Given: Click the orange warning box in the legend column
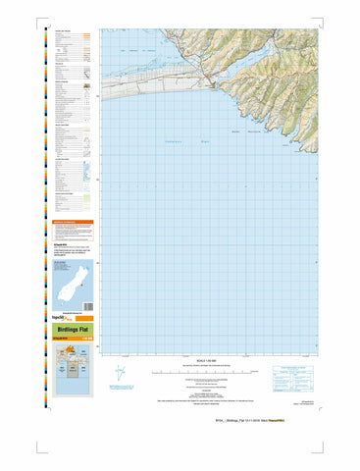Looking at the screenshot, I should (74, 226).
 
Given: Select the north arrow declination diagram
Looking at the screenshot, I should (120, 373).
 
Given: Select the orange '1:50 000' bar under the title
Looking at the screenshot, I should (74, 340).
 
